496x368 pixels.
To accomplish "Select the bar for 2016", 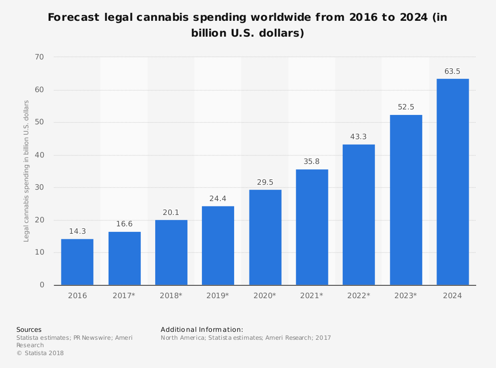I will pyautogui.click(x=77, y=262).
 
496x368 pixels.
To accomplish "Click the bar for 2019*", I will pyautogui.click(x=218, y=246).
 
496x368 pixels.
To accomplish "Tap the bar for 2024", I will pyautogui.click(x=452, y=182).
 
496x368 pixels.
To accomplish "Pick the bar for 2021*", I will pyautogui.click(x=312, y=227).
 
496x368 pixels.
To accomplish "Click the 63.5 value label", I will pyautogui.click(x=452, y=71).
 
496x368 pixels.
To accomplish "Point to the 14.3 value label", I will pyautogui.click(x=77, y=231).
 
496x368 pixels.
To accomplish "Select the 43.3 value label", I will pyautogui.click(x=359, y=137).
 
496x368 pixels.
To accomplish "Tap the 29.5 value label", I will pyautogui.click(x=265, y=182).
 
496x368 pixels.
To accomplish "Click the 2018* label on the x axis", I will pyautogui.click(x=171, y=296).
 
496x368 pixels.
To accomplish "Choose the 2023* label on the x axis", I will pyautogui.click(x=406, y=296).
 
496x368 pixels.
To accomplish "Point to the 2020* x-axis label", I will pyautogui.click(x=265, y=296).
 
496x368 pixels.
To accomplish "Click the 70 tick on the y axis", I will pyautogui.click(x=39, y=57).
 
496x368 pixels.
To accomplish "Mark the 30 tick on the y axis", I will pyautogui.click(x=39, y=188).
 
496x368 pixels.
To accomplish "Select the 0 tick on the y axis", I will pyautogui.click(x=42, y=285).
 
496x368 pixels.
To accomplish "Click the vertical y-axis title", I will pyautogui.click(x=27, y=171).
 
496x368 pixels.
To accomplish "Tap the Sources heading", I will pyautogui.click(x=29, y=329).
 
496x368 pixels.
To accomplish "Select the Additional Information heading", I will pyautogui.click(x=202, y=329).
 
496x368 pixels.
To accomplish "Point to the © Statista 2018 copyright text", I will pyautogui.click(x=40, y=353).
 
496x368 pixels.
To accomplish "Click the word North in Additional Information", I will pyautogui.click(x=170, y=338).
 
